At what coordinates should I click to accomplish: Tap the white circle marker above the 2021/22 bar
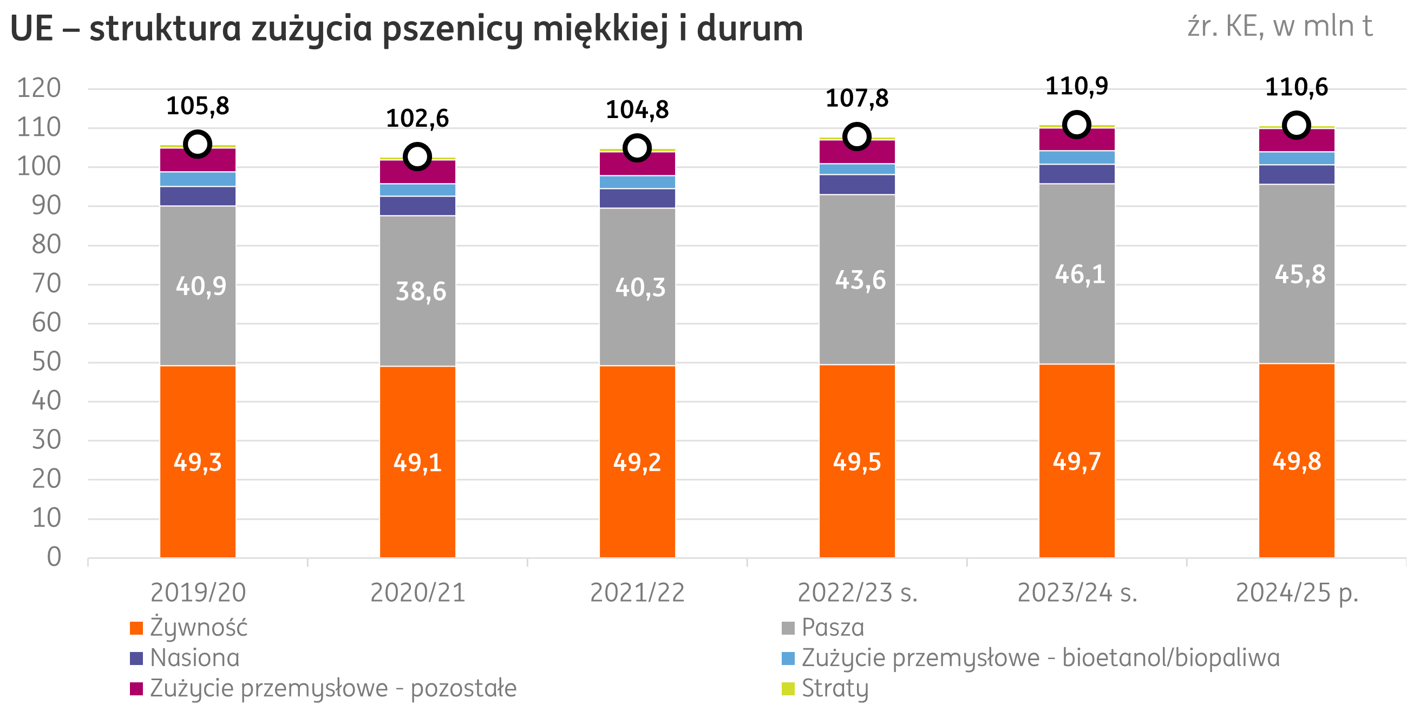[x=637, y=148]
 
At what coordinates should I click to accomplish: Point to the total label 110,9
[x=1077, y=86]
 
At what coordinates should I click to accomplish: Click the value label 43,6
[x=860, y=281]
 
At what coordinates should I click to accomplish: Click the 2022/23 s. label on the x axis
[x=858, y=593]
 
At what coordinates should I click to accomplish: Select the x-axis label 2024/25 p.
[x=1297, y=593]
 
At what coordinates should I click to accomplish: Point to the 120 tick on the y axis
[x=40, y=89]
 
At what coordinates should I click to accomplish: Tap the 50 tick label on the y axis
[x=47, y=362]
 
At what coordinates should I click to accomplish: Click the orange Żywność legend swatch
[x=136, y=628]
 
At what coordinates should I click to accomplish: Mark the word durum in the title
[x=749, y=28]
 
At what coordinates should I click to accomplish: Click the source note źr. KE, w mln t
[x=1279, y=26]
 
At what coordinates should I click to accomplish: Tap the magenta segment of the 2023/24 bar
[x=1077, y=139]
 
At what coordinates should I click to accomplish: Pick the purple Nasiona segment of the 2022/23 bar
[x=857, y=185]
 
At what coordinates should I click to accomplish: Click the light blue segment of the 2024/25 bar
[x=1297, y=159]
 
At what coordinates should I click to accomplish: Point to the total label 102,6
[x=417, y=119]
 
